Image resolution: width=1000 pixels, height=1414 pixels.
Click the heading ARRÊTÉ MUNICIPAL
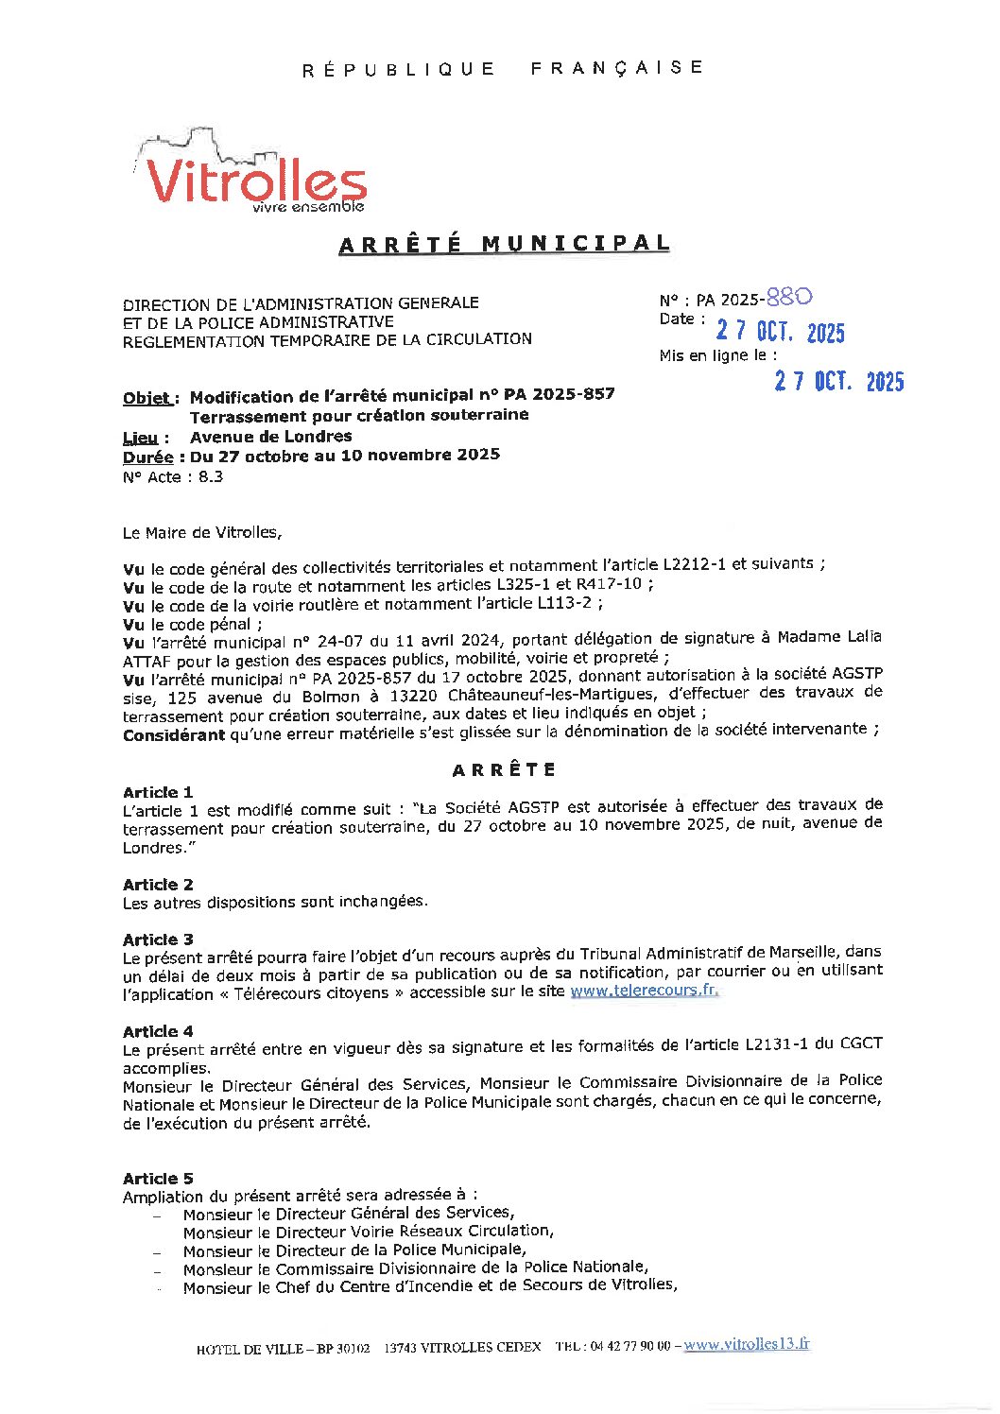[504, 244]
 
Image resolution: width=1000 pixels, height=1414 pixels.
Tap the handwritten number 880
[789, 297]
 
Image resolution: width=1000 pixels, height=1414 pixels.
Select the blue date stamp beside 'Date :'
[780, 332]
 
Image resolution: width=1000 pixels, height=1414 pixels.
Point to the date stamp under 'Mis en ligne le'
[838, 381]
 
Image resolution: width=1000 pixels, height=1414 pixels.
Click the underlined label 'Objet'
[147, 398]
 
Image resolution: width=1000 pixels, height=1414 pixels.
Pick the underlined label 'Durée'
[147, 457]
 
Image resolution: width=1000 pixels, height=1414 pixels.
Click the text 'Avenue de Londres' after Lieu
[270, 437]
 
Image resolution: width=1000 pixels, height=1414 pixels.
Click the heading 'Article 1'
[158, 792]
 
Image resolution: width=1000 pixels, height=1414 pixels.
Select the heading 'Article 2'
[158, 885]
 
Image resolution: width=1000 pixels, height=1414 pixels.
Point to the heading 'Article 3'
[158, 940]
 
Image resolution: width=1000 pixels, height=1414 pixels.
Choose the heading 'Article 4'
[158, 1031]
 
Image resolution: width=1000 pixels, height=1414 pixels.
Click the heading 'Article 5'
[158, 1179]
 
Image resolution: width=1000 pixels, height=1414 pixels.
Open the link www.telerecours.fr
[644, 991]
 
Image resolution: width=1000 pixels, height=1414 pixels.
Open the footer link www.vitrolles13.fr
[747, 1344]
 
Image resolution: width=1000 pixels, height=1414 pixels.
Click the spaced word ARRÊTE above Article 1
[504, 769]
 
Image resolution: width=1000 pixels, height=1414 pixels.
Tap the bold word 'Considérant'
[174, 734]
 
